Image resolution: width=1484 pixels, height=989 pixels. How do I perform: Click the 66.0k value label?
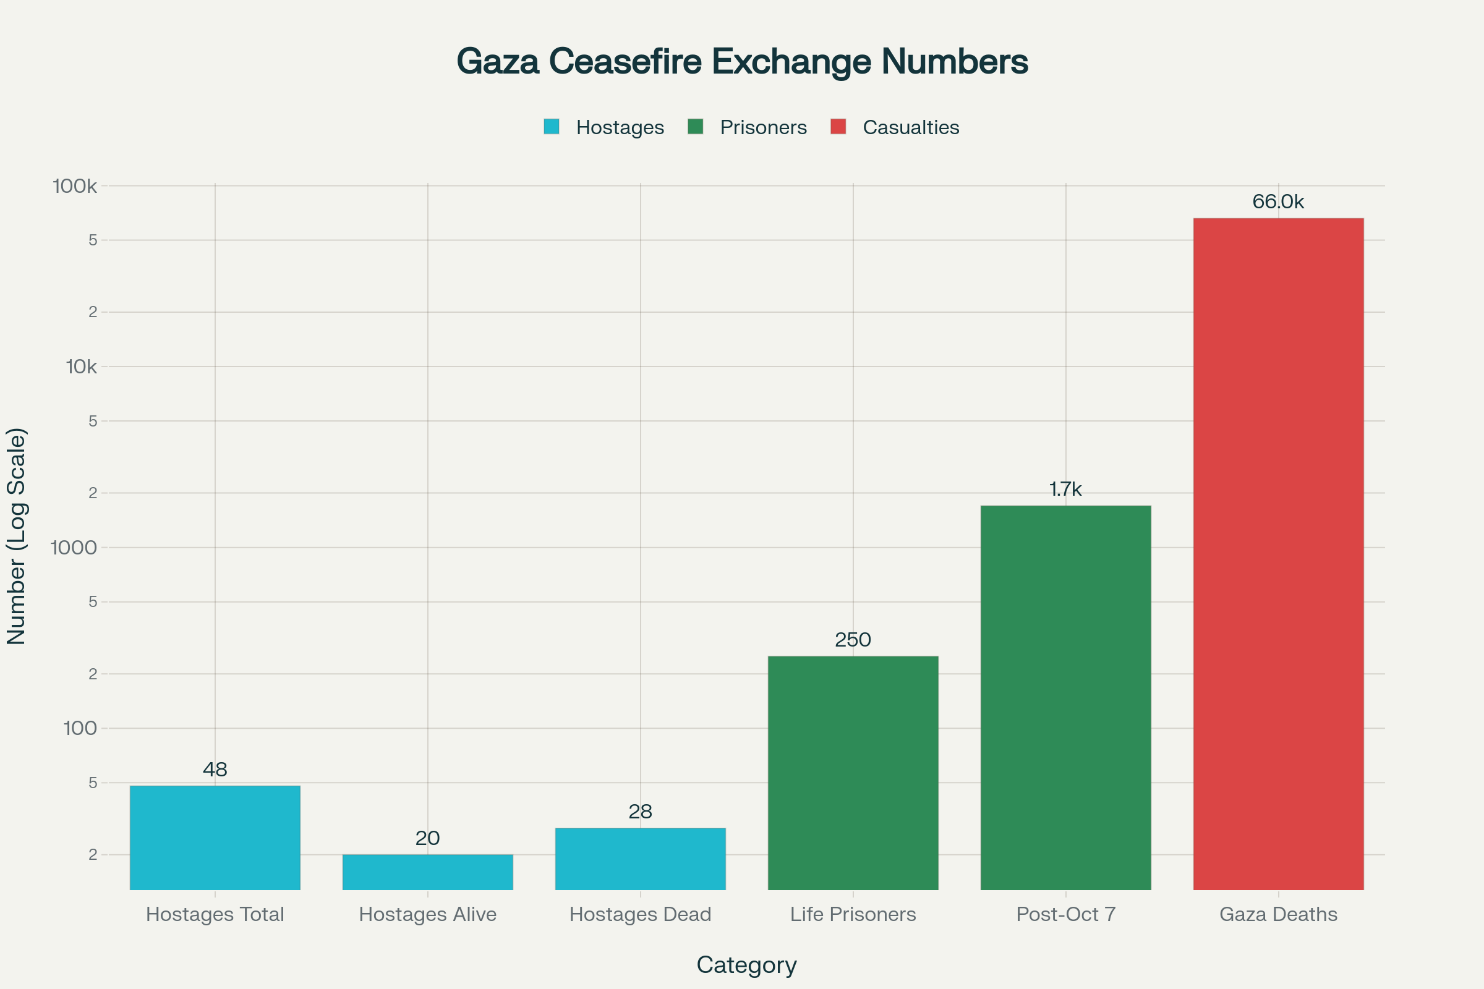(x=1278, y=202)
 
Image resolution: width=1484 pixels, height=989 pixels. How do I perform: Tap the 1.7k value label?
(x=1065, y=490)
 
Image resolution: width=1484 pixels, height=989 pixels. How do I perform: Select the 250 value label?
(x=853, y=640)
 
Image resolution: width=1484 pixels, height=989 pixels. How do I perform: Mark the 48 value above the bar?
(x=215, y=770)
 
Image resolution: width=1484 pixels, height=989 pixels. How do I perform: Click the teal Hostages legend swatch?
(x=552, y=127)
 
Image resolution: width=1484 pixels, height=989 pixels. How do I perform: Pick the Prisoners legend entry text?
(x=764, y=127)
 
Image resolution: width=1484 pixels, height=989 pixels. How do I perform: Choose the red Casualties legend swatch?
(x=838, y=127)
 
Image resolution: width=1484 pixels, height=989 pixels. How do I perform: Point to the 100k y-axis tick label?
(x=75, y=186)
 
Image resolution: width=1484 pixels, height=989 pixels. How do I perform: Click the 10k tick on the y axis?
(x=82, y=367)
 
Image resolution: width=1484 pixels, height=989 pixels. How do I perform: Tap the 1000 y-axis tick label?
(x=74, y=548)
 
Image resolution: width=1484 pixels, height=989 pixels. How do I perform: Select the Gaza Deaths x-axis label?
(x=1278, y=914)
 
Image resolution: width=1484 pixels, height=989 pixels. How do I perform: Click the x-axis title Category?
(x=746, y=965)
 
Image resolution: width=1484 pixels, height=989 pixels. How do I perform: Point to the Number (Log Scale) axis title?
(x=17, y=536)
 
